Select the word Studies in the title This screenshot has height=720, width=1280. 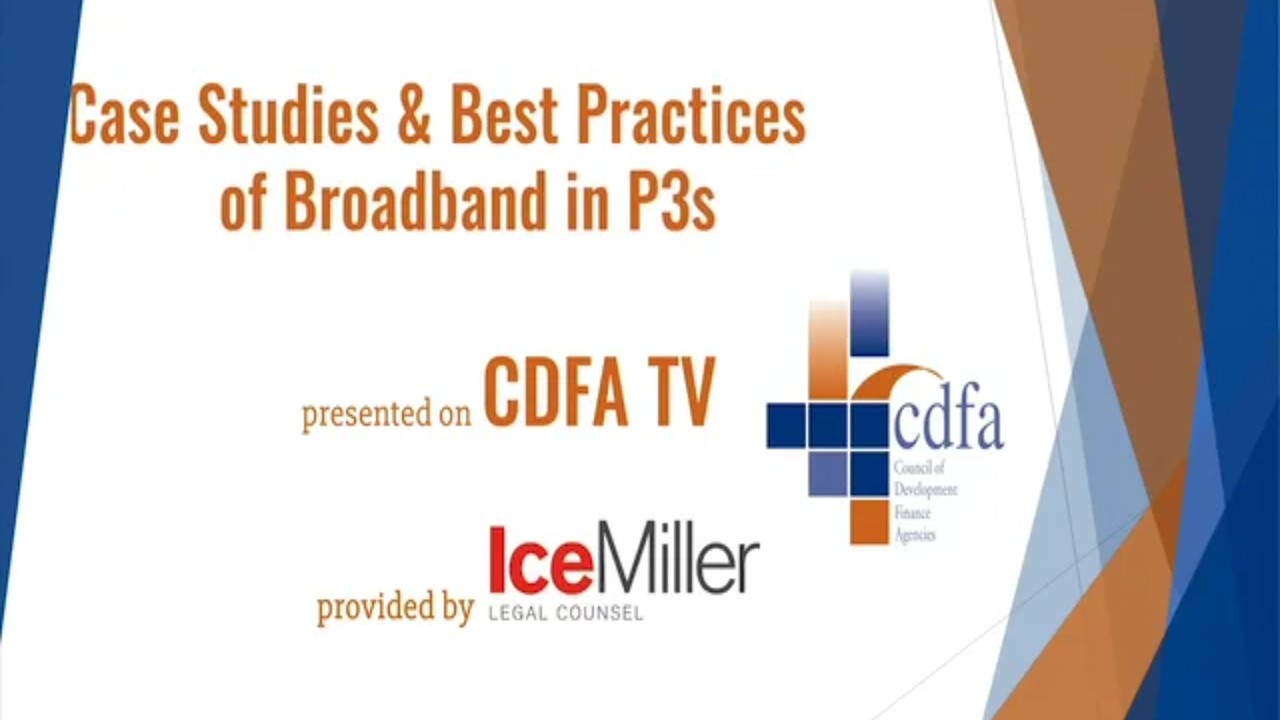(x=289, y=114)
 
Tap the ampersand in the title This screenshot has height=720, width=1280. (x=414, y=114)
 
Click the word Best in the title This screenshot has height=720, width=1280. (x=504, y=114)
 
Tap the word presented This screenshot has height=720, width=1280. (x=366, y=413)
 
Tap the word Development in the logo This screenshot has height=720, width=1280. (x=926, y=491)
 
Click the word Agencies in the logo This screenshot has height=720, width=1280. (x=915, y=535)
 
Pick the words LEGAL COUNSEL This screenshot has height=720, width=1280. (x=566, y=613)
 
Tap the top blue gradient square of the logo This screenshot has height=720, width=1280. (x=869, y=313)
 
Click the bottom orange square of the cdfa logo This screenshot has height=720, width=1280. (x=869, y=522)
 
